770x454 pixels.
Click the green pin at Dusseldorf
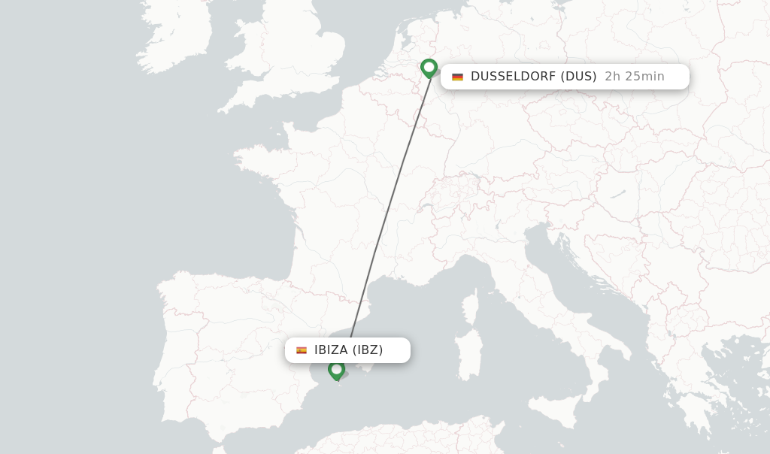pyautogui.click(x=429, y=68)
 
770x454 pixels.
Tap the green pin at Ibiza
pyautogui.click(x=336, y=369)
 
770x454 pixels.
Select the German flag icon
pyautogui.click(x=457, y=77)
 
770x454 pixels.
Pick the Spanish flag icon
pyautogui.click(x=302, y=350)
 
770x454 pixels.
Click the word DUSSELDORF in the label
pyautogui.click(x=514, y=76)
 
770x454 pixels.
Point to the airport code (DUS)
pyautogui.click(x=579, y=76)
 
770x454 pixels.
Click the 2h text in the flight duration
pyautogui.click(x=613, y=76)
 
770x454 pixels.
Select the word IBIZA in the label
pyautogui.click(x=331, y=350)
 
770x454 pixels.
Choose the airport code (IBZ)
pyautogui.click(x=368, y=350)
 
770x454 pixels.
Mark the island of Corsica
pyautogui.click(x=471, y=308)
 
